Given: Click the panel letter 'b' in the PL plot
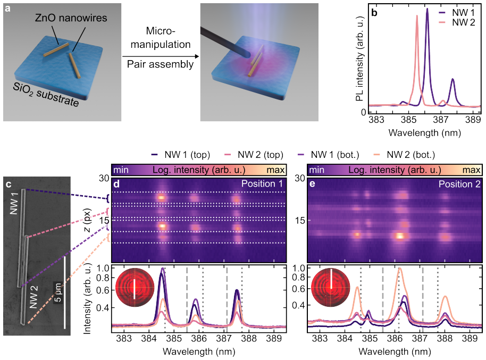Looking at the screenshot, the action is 374,13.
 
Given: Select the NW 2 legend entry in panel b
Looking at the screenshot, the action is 457,22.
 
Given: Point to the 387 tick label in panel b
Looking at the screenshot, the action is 441,120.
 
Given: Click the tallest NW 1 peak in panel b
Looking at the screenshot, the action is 427,9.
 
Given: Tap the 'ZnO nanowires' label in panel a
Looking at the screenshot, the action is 71,18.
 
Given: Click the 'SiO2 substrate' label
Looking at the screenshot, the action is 46,95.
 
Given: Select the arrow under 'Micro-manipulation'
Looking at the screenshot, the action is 161,56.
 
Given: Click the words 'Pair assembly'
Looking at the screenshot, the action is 160,64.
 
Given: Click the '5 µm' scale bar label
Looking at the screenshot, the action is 57,292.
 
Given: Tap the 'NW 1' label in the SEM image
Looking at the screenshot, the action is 14,204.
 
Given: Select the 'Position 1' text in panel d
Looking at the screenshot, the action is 262,184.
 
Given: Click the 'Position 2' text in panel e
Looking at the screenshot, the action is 459,184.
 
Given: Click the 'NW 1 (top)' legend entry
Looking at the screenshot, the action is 180,155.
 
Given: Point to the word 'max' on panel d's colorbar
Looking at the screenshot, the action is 275,170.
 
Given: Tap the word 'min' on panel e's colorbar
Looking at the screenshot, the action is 317,170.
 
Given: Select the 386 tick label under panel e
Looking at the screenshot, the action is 395,338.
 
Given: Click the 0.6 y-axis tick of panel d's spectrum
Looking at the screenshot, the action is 104,290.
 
